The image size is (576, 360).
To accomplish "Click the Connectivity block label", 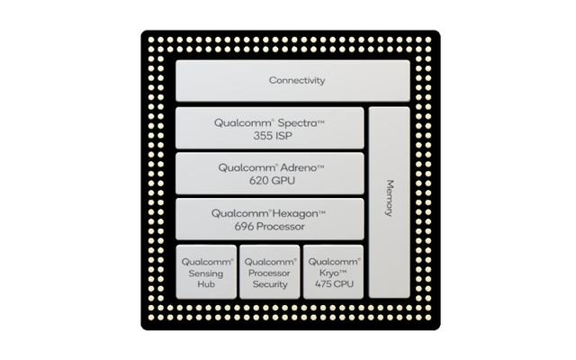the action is pos(297,80).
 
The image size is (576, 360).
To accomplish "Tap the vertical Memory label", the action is pos(390,198).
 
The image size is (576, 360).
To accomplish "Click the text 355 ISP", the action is pos(273,136).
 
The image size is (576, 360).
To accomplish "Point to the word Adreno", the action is pos(299,168).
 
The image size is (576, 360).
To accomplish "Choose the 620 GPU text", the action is pos(272,181).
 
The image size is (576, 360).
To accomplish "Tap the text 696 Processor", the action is pos(270,226).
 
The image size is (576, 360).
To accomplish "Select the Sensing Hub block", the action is pos(206,272).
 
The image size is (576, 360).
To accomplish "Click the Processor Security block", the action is pos(270,272).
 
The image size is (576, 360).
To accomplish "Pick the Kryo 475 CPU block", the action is pos(333,272).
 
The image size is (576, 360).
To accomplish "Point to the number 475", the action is pos(322,284).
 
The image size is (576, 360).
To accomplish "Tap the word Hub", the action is pos(206,284).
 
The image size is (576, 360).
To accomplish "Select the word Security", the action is pos(270,284).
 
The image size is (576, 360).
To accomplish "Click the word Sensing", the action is pos(206,274).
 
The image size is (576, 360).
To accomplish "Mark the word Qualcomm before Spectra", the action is pos(244,123).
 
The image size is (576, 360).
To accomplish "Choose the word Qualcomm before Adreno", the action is pos(247,168).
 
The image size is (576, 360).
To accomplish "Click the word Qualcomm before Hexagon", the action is pos(240,213).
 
